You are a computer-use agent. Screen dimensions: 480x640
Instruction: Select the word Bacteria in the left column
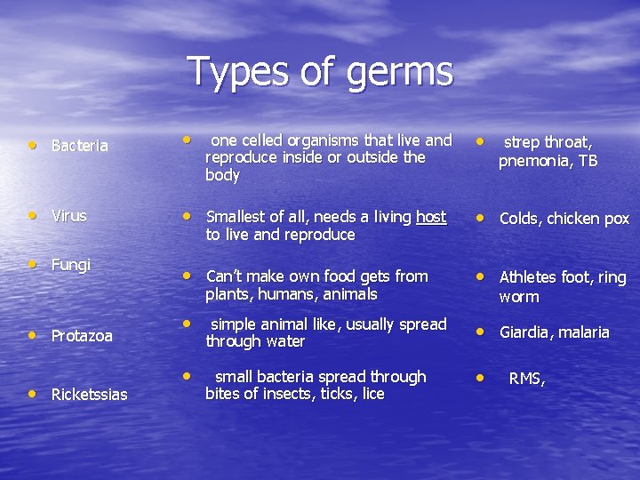(80, 146)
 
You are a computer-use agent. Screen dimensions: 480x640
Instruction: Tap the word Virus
(68, 216)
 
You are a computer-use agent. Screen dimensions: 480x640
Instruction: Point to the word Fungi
(71, 265)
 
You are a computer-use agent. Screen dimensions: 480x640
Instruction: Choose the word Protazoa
(82, 336)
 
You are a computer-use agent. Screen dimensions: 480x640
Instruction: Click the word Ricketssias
(89, 394)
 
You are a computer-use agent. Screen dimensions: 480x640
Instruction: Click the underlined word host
(431, 217)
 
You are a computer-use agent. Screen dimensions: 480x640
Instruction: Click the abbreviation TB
(588, 161)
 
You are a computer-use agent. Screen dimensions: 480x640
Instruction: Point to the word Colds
(522, 219)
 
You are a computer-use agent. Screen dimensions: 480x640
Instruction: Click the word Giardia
(525, 332)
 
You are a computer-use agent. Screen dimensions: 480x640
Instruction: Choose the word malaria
(583, 332)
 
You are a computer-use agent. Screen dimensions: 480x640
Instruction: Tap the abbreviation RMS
(524, 379)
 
